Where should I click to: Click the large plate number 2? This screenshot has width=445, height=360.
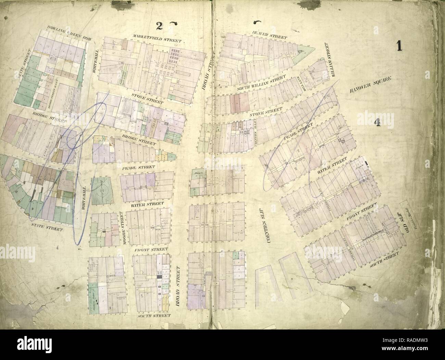[x=158, y=26]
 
